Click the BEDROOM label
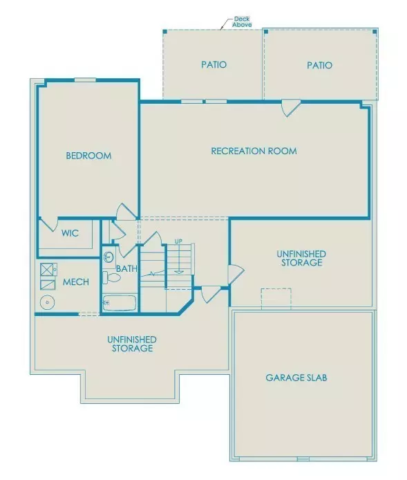(88, 156)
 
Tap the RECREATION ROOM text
(254, 151)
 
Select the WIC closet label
(70, 234)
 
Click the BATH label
(126, 268)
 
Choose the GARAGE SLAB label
(296, 378)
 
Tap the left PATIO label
(214, 65)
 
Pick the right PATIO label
(319, 65)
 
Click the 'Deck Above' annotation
(243, 21)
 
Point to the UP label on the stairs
(178, 241)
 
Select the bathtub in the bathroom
(119, 302)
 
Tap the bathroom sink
(108, 257)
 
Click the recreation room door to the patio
(290, 107)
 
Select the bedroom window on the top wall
(85, 80)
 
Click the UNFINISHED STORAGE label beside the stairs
(301, 259)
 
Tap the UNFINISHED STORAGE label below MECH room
(131, 344)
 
